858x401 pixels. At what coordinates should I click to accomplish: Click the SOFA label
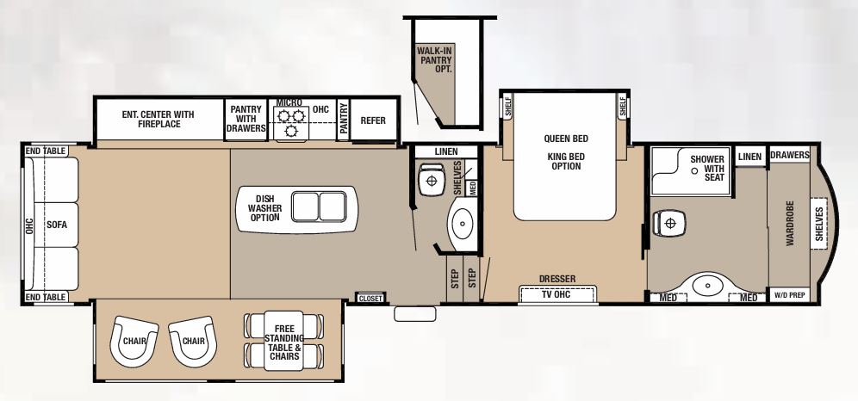click(57, 225)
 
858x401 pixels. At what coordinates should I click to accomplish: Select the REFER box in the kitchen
click(373, 121)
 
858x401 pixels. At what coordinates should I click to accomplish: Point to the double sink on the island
click(318, 207)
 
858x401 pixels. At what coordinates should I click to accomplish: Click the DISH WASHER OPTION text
click(264, 207)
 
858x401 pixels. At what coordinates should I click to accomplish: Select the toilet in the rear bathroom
click(668, 223)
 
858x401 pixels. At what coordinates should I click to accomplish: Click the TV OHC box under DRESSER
click(556, 294)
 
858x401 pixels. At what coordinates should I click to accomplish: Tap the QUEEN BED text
click(566, 139)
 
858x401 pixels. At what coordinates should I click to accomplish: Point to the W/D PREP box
click(789, 295)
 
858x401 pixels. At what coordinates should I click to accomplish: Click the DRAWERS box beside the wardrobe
click(789, 156)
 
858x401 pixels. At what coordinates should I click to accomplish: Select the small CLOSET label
click(370, 298)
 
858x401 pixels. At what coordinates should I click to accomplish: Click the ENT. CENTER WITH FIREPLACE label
click(158, 120)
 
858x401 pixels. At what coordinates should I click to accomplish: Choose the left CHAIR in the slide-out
click(134, 341)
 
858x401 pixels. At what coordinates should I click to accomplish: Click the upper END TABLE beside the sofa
click(46, 151)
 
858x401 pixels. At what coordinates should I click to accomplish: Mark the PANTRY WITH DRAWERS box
click(246, 120)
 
